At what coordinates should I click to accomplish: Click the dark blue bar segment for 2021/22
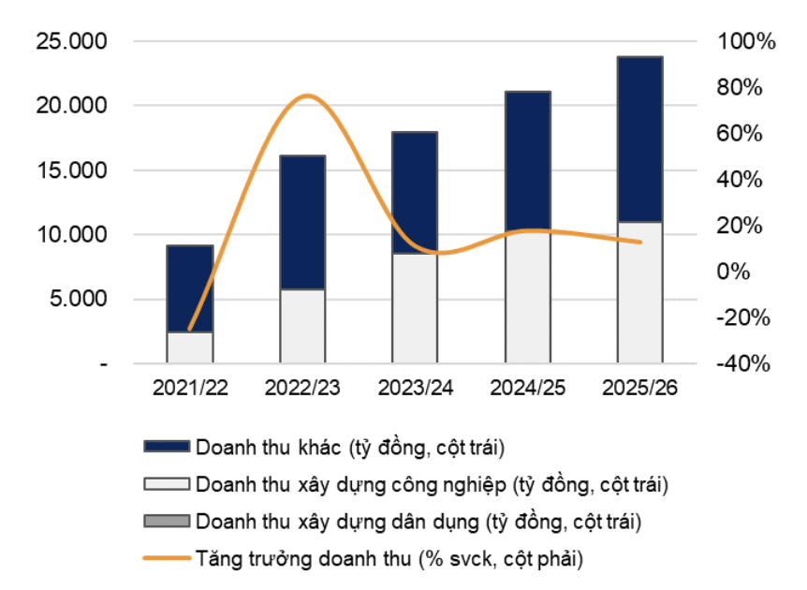(x=190, y=288)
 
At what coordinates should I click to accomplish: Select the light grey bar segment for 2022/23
(x=303, y=325)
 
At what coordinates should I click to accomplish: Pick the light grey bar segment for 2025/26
(x=640, y=291)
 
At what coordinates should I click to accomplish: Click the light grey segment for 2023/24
(x=415, y=307)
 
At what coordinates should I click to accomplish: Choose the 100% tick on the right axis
(x=746, y=42)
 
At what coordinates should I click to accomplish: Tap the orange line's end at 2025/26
(x=640, y=242)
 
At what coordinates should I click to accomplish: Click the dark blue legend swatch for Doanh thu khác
(x=166, y=446)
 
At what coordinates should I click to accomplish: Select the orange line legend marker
(x=166, y=559)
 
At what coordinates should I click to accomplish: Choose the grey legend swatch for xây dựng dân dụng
(x=166, y=521)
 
